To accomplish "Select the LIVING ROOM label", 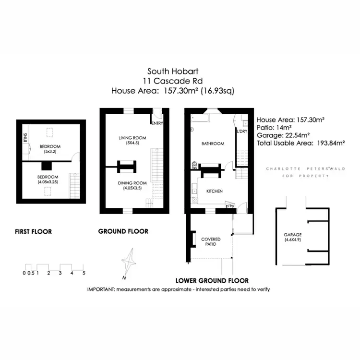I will [x=132, y=138].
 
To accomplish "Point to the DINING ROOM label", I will [x=132, y=183].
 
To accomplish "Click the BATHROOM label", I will [x=213, y=144].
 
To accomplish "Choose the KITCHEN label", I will [x=214, y=191].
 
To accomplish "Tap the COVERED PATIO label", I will [x=210, y=241].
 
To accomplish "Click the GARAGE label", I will [x=292, y=235].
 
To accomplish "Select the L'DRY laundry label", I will [x=241, y=131].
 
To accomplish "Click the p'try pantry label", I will [x=230, y=206].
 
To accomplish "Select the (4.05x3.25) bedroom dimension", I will [x=48, y=182].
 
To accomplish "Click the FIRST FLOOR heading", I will [x=33, y=232].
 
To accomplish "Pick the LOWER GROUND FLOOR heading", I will [x=212, y=280].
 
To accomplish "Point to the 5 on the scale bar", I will [x=84, y=273].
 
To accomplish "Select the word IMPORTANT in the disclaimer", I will [x=103, y=289].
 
